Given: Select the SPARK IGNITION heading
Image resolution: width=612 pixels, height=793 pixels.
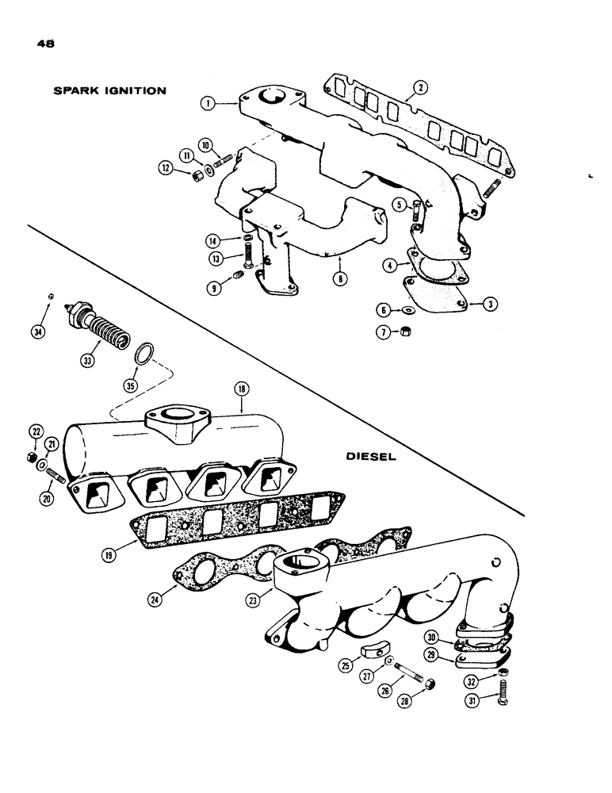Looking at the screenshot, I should pyautogui.click(x=109, y=90).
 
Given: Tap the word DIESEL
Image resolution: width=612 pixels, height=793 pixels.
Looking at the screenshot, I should pyautogui.click(x=370, y=457).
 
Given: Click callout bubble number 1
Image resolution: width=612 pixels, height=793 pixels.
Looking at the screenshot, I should pyautogui.click(x=208, y=102).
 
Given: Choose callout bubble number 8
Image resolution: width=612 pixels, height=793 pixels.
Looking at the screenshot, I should pyautogui.click(x=341, y=279).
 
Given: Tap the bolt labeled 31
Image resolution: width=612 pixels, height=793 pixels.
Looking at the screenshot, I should pyautogui.click(x=503, y=698).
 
